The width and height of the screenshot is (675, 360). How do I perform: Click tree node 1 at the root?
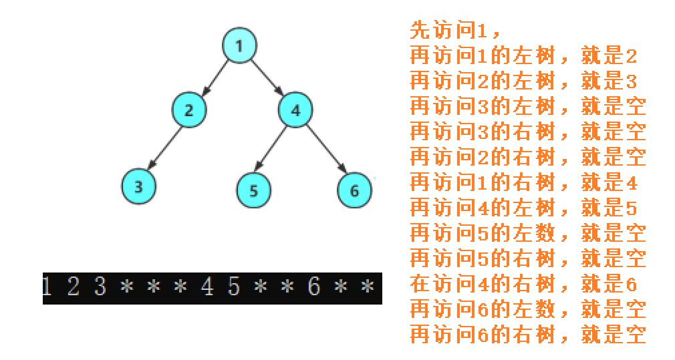click(239, 46)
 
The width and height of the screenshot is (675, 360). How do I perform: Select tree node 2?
click(188, 110)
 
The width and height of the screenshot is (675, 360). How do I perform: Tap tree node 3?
click(138, 186)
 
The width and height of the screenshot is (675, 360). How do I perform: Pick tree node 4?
click(295, 110)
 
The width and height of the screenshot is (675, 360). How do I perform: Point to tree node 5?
click(253, 190)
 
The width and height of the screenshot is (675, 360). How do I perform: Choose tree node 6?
click(354, 190)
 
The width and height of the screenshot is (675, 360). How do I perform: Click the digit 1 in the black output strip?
click(47, 287)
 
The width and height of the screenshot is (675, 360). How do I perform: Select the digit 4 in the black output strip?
click(207, 287)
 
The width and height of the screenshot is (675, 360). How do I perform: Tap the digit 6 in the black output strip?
click(313, 287)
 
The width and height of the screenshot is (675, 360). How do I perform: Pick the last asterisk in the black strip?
click(366, 287)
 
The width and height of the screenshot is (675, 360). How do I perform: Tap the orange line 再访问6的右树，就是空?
click(527, 334)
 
